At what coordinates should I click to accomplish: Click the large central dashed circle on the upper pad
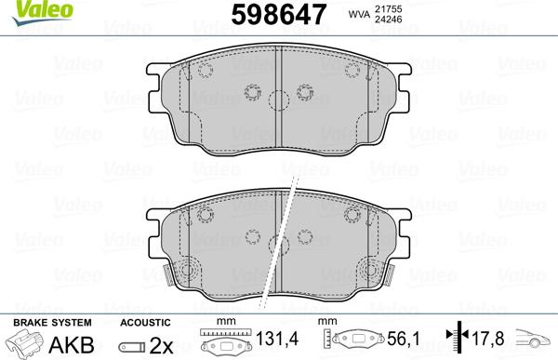(279, 103)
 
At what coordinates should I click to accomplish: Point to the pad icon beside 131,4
(227, 342)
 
